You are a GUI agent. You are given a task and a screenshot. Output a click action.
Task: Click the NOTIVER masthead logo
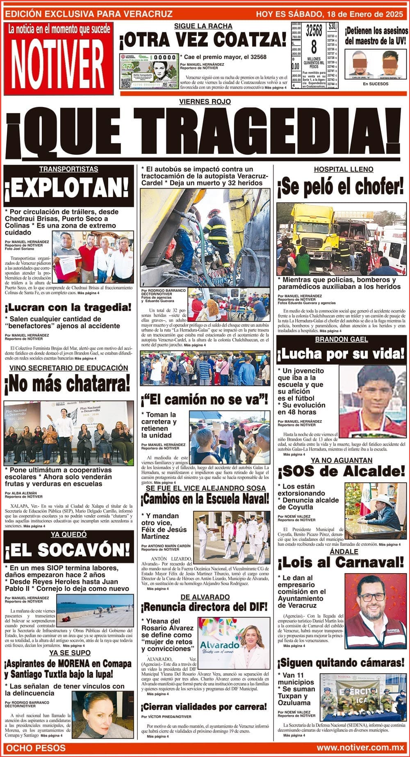coord(57,64)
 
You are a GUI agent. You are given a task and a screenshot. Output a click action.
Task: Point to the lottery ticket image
coord(149,71)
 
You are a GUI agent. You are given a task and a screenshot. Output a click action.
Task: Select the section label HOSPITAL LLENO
coord(343,169)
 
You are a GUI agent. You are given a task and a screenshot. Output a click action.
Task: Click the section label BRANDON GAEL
coord(341,339)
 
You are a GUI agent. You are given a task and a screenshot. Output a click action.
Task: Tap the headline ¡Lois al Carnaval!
coord(341,562)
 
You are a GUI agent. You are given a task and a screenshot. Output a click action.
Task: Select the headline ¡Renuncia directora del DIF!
coord(204,607)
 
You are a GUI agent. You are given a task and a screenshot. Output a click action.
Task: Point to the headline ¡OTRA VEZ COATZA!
coord(203,40)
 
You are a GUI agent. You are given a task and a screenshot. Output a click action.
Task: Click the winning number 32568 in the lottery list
coord(314,31)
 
